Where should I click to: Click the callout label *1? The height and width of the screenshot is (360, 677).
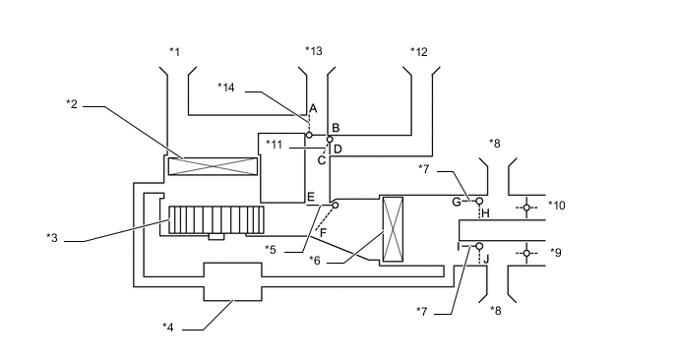coord(174,52)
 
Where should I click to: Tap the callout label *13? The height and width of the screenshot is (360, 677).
coord(314,51)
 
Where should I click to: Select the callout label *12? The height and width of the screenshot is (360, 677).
coord(419,52)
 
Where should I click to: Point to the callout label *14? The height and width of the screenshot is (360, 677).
coord(225,88)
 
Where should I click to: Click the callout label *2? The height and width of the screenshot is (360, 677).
coord(72,103)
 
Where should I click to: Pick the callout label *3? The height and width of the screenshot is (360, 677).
coord(52,238)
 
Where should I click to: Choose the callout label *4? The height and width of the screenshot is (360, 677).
coord(168,328)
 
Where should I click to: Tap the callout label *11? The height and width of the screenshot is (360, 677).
coord(274,145)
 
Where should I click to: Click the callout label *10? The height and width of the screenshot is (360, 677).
coord(557,205)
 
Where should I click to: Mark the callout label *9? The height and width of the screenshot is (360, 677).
coord(556,252)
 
